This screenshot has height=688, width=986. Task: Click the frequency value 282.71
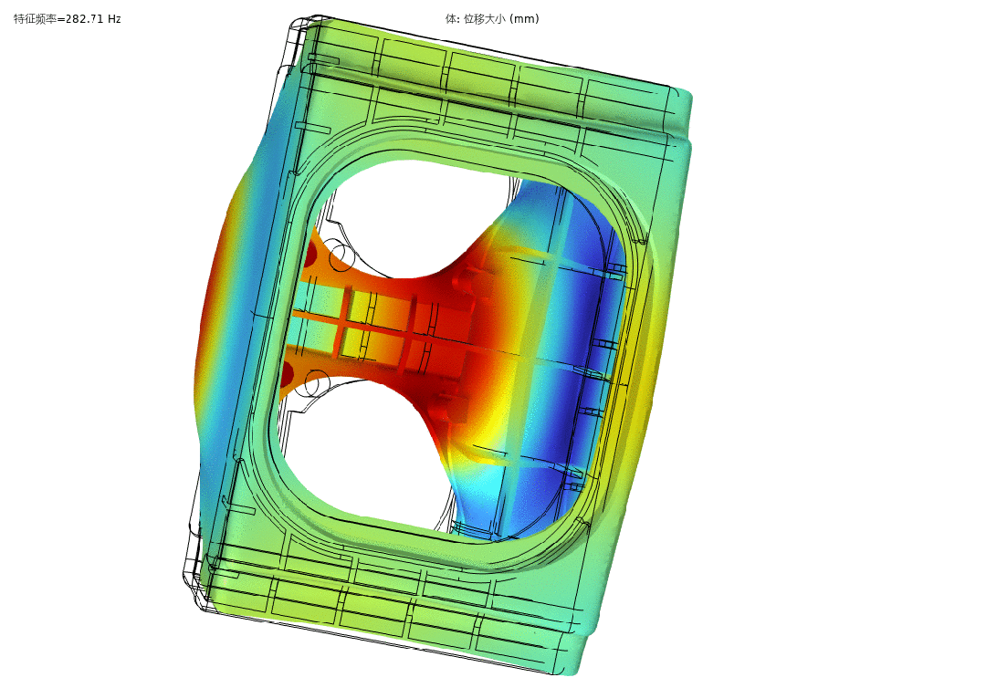pyautogui.click(x=84, y=19)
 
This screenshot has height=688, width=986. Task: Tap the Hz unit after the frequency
pyautogui.click(x=114, y=19)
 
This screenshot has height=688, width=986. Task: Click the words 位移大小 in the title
pyautogui.click(x=484, y=19)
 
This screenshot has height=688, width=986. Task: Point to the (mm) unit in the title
pyautogui.click(x=524, y=19)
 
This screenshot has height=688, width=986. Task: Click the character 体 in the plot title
pyautogui.click(x=451, y=19)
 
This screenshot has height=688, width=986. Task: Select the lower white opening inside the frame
pyautogui.click(x=364, y=453)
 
